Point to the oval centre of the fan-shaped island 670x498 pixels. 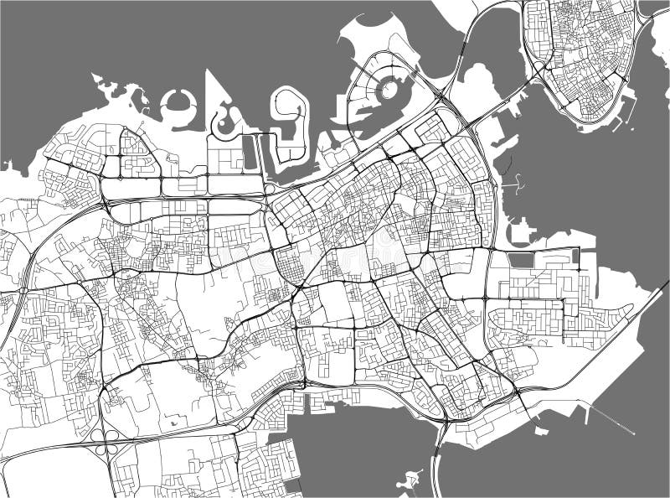(x=387, y=88)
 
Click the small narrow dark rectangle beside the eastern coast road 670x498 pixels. (x=575, y=255)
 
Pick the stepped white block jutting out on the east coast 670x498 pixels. (x=519, y=231)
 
